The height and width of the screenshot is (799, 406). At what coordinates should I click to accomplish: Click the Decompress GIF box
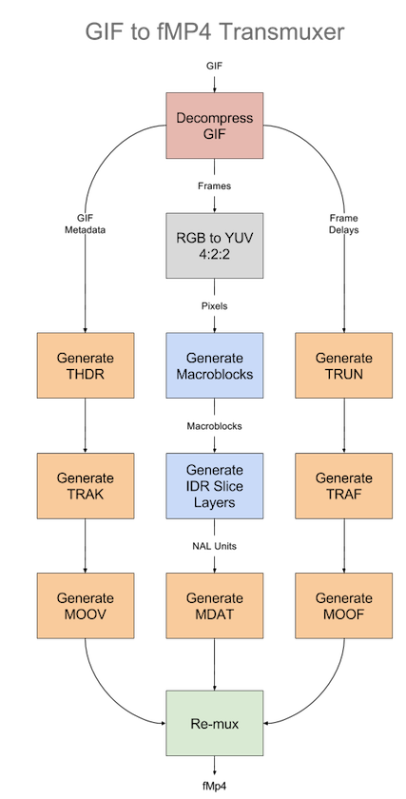click(x=215, y=126)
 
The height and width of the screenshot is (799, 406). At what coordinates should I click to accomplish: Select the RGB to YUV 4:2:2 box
click(x=215, y=245)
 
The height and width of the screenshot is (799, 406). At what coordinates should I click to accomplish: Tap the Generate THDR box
click(x=86, y=365)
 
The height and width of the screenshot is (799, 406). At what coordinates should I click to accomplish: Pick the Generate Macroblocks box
click(x=215, y=365)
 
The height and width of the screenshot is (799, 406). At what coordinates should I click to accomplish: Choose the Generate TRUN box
click(x=344, y=365)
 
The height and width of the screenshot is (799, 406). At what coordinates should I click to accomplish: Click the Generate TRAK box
click(x=86, y=486)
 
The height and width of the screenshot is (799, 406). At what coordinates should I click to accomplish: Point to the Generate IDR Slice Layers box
click(x=215, y=486)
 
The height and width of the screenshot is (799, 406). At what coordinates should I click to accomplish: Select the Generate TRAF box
click(x=344, y=486)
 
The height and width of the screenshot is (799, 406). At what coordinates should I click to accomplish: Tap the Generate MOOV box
click(x=86, y=605)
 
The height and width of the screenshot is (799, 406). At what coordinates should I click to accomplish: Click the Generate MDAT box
click(x=215, y=605)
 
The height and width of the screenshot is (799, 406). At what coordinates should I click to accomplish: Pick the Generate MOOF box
click(x=344, y=605)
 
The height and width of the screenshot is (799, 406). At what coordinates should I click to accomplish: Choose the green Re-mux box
click(x=215, y=723)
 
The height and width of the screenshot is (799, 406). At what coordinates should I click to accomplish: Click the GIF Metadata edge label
click(x=85, y=224)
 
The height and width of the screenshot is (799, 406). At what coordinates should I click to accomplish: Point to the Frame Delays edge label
click(x=344, y=224)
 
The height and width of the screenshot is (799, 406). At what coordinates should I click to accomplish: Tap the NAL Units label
click(x=215, y=546)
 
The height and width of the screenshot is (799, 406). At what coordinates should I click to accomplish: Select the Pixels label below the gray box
click(x=215, y=306)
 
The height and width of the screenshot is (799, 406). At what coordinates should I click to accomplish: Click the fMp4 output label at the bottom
click(x=215, y=785)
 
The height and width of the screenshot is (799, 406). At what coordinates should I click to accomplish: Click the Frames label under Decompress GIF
click(x=215, y=186)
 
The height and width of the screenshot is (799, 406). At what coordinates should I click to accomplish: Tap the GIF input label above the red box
click(x=215, y=66)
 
